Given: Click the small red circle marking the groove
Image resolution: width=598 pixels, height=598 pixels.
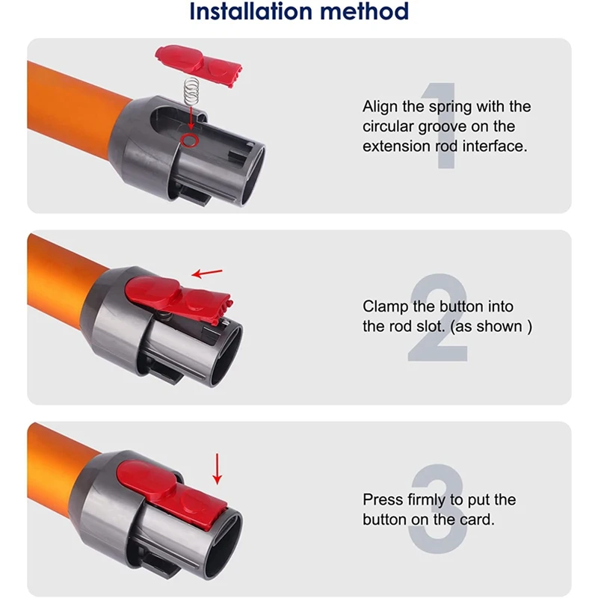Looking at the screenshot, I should click(190, 140).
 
